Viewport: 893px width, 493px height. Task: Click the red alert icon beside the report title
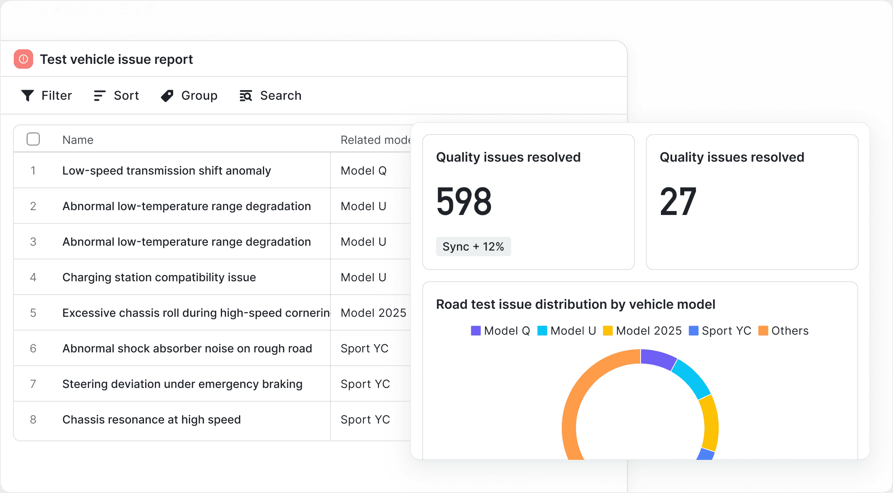(23, 59)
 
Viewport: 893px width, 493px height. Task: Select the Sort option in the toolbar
(116, 96)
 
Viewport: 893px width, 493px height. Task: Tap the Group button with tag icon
(189, 96)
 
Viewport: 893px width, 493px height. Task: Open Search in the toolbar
(270, 96)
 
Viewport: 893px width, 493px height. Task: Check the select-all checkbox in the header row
(33, 139)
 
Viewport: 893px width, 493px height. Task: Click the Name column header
(78, 140)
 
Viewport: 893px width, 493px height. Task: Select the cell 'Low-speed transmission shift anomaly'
(166, 171)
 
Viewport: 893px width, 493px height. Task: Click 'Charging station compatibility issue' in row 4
(159, 277)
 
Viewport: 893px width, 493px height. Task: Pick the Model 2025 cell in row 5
(373, 313)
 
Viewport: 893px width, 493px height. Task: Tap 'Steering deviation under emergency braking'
(182, 384)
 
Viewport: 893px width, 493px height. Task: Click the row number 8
(33, 419)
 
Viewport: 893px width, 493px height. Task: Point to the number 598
(464, 201)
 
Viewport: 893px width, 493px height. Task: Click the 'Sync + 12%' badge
(473, 247)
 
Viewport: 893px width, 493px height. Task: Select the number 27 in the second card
(678, 201)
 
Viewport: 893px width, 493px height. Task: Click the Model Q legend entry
(500, 331)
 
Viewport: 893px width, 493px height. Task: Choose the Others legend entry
(783, 331)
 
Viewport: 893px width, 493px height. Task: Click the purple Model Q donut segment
(658, 359)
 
